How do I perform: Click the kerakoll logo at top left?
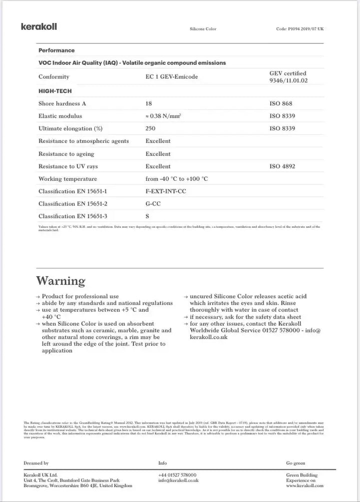[x=38, y=27]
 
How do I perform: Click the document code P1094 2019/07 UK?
[x=300, y=29]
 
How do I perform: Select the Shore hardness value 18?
[x=148, y=104]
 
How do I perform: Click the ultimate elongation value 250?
[x=150, y=129]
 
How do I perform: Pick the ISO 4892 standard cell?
[x=282, y=166]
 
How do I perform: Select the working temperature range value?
[x=176, y=179]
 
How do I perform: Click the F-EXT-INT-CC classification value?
[x=165, y=191]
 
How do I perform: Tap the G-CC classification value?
[x=153, y=204]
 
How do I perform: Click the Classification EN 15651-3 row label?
[x=73, y=216]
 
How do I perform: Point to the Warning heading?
[x=60, y=281]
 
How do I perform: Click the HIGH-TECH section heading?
[x=55, y=91]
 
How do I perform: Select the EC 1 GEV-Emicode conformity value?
[x=171, y=77]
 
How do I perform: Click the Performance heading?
[x=56, y=50]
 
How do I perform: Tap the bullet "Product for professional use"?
[x=80, y=297]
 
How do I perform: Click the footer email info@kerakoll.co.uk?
[x=178, y=480]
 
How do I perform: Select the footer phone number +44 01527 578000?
[x=177, y=475]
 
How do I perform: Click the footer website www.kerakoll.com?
[x=304, y=486]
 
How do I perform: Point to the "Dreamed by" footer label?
[x=36, y=463]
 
